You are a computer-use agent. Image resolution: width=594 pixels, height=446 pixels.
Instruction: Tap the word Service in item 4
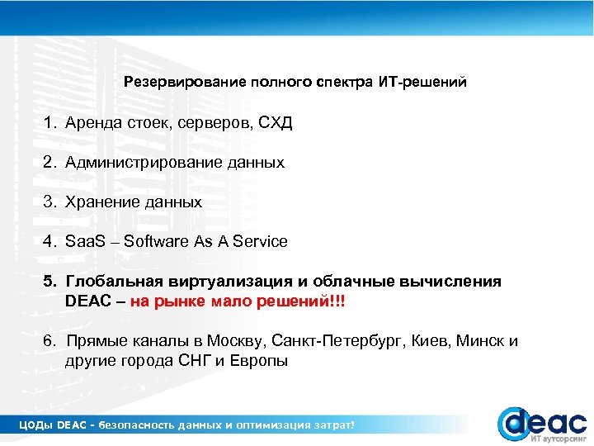point(260,242)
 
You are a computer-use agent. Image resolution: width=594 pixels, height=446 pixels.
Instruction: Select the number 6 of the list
point(49,341)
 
